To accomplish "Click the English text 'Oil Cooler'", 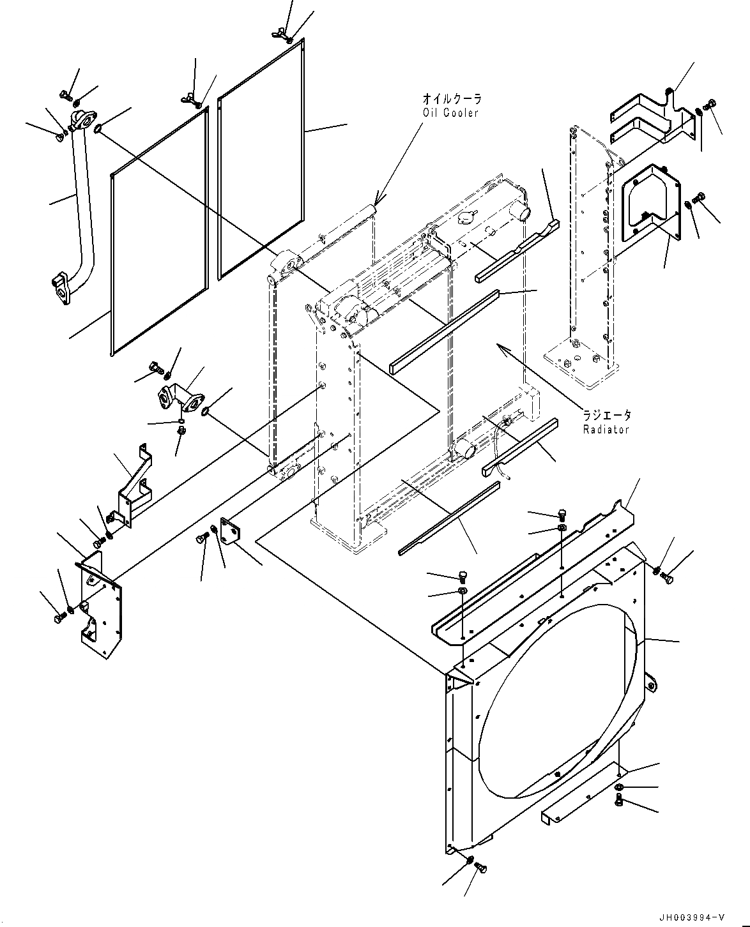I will click(x=451, y=113).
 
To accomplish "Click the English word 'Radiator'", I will click(x=606, y=429).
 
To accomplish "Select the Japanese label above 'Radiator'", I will click(x=606, y=414).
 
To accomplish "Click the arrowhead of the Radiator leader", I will click(x=500, y=346).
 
